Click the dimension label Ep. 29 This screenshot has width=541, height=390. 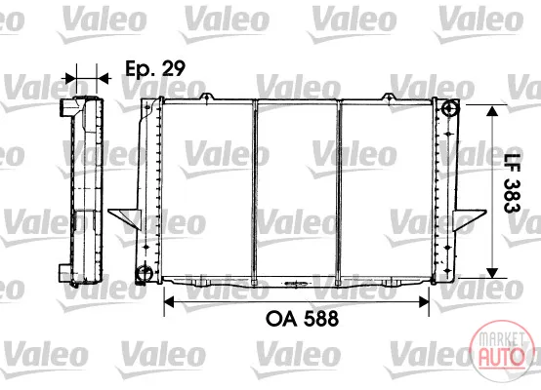click(155, 68)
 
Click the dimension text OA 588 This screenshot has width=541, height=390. click(303, 319)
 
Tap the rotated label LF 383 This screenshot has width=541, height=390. click(512, 183)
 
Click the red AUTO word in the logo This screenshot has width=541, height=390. click(501, 357)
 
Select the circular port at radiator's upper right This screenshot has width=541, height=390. click(449, 109)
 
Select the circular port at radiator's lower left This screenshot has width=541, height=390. click(144, 274)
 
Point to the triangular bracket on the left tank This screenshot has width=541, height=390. click(125, 218)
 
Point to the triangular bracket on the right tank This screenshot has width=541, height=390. click(470, 219)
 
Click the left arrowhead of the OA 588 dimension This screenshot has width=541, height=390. click(169, 302)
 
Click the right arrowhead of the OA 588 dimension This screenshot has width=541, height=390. click(424, 302)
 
